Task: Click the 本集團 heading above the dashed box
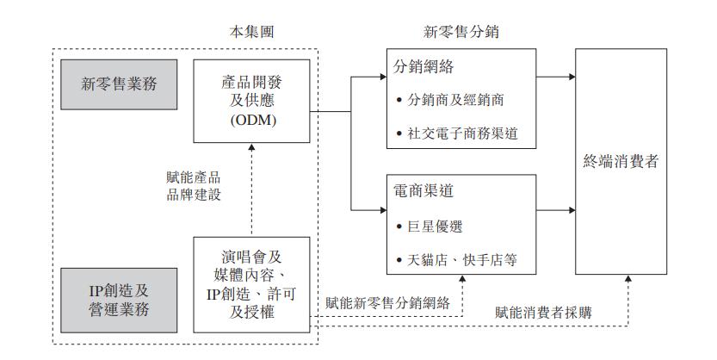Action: (x=255, y=33)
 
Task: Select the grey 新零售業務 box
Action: (x=120, y=84)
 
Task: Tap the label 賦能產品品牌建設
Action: (x=194, y=187)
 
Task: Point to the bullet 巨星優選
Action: (x=434, y=227)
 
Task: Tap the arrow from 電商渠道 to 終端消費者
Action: (x=546, y=209)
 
